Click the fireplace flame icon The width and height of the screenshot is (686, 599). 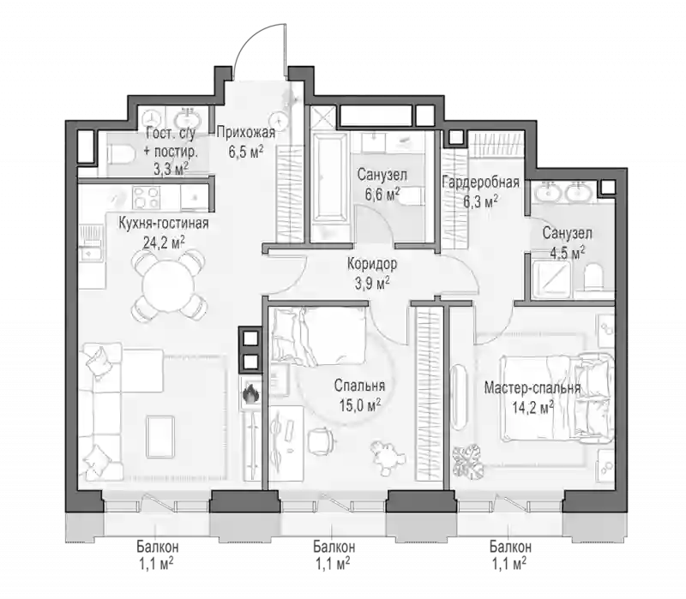point(251,393)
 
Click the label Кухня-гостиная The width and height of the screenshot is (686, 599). point(164,224)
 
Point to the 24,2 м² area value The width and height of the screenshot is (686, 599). point(164,243)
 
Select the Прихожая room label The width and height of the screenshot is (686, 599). point(246,132)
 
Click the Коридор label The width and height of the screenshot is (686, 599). point(372,264)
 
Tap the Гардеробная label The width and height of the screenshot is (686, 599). point(480,182)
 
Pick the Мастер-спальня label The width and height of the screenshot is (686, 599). point(533,388)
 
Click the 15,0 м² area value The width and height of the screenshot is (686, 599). point(359,405)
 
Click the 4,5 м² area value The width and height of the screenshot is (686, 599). point(567,253)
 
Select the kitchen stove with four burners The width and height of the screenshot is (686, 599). point(147,198)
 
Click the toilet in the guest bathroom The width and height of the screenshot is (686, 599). point(120,155)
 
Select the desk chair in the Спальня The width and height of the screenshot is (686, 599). point(320,441)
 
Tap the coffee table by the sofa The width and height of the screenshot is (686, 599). point(160,436)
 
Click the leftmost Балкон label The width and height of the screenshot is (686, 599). point(158,547)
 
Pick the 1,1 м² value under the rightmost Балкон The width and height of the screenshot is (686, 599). point(509,565)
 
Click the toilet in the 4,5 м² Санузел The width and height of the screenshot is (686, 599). point(593,276)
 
